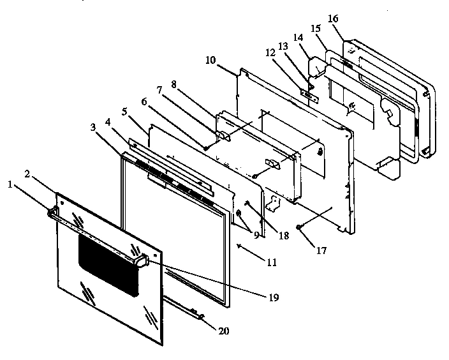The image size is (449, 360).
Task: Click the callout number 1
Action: point(10,184)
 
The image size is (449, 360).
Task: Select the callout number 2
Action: point(27,173)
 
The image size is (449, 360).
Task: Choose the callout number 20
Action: point(223,331)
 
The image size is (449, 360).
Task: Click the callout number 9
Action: point(256,235)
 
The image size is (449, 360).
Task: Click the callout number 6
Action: point(144,101)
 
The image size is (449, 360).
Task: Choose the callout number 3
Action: point(94,128)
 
